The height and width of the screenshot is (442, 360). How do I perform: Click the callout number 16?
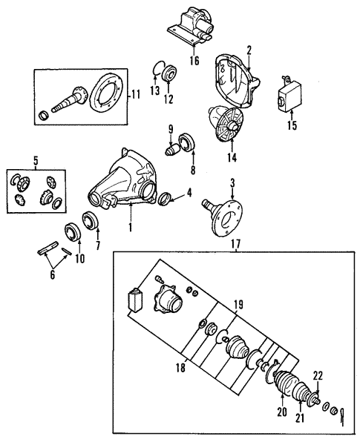click(194, 61)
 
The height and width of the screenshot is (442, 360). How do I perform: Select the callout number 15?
click(292, 125)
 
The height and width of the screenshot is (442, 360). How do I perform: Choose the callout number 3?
click(232, 182)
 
